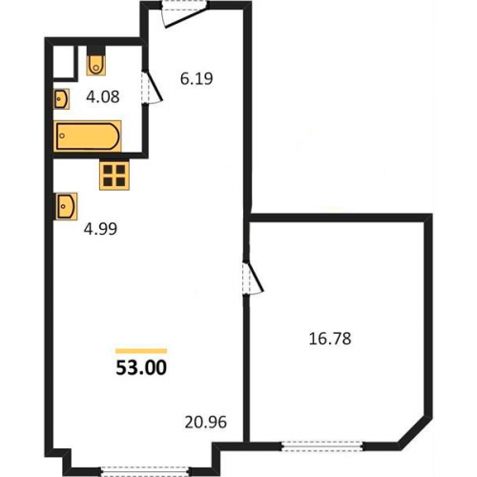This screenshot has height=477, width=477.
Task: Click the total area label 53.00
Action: pyautogui.click(x=141, y=367)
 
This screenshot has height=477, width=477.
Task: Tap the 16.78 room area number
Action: pyautogui.click(x=330, y=339)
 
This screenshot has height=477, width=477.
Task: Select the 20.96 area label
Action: pyautogui.click(x=206, y=423)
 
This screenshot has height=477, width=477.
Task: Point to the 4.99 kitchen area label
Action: pyautogui.click(x=100, y=229)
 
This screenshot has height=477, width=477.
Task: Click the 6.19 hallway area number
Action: pyautogui.click(x=197, y=78)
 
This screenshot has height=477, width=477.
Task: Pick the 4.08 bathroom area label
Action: pyautogui.click(x=103, y=96)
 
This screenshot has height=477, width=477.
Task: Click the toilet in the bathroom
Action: pyautogui.click(x=96, y=62)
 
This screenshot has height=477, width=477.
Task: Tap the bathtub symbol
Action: pyautogui.click(x=88, y=136)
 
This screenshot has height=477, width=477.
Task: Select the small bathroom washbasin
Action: pyautogui.click(x=61, y=99)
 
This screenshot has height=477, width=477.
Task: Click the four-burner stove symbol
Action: pyautogui.click(x=114, y=176)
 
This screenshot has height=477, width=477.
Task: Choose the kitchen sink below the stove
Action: pyautogui.click(x=67, y=206)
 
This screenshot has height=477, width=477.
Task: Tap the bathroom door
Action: pyautogui.click(x=152, y=87)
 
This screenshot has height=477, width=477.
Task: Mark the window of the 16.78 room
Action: pyautogui.click(x=322, y=446)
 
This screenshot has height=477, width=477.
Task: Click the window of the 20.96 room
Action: pyautogui.click(x=146, y=471)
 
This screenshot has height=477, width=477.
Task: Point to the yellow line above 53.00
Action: pyautogui.click(x=141, y=351)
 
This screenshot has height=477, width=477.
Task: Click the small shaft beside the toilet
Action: pyautogui.click(x=64, y=62)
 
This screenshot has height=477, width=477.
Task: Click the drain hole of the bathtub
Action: pyautogui.click(x=62, y=135)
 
